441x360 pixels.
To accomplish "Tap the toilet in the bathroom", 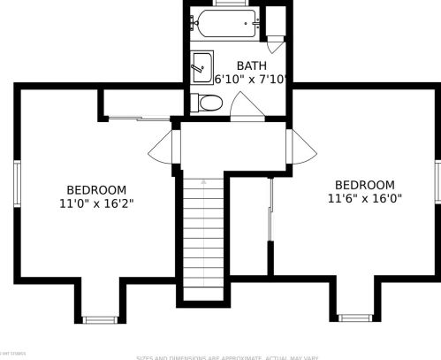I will click(x=205, y=103).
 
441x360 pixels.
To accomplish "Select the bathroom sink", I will click(x=202, y=66).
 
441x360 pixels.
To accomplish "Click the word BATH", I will click(x=251, y=65).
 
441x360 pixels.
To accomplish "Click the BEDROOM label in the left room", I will click(x=96, y=189).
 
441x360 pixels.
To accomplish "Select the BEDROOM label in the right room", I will click(x=364, y=185).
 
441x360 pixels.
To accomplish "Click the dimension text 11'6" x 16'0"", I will click(x=364, y=198).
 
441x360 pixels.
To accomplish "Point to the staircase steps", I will click(x=203, y=239).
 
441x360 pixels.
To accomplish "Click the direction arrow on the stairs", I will click(x=203, y=181).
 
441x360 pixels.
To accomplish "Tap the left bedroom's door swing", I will click(x=163, y=146).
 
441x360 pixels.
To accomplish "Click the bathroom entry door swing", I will click(x=247, y=108).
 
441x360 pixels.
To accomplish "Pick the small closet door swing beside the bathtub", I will click(x=275, y=40).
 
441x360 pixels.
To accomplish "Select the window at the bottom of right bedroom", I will click(x=354, y=317).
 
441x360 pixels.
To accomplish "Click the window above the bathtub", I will click(x=228, y=4).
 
